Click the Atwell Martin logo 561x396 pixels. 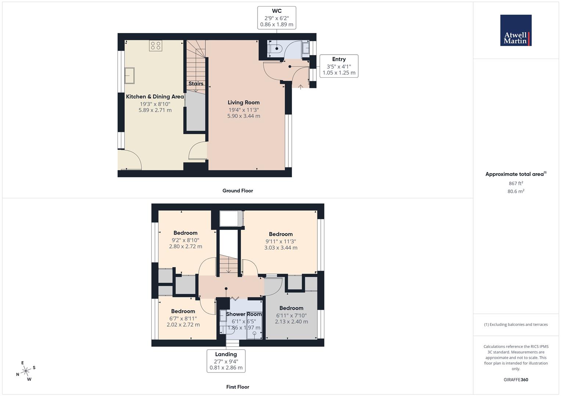coord(515,30)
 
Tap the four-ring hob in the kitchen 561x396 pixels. coord(155,45)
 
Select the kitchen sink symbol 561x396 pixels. coord(130,76)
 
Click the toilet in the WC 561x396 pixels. coord(275,48)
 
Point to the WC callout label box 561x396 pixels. coord(277,18)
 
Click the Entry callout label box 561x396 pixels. coord(339,66)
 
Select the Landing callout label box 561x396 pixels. coord(226,361)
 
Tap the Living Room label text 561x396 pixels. coord(244,103)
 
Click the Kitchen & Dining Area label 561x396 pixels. coord(155,97)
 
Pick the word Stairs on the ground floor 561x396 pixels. coord(196,84)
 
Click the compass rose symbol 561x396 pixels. coord(26,371)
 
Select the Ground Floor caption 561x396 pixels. coord(238,191)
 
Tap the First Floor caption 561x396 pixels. coord(238,387)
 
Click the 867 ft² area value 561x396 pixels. coord(516,183)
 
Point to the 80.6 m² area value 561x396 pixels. coord(516,191)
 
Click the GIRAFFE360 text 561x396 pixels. coord(516,380)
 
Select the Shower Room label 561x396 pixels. coord(244,314)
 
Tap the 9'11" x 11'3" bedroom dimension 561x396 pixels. coord(281,242)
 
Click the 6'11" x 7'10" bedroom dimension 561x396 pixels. coord(291,316)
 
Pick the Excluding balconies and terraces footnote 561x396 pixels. coord(516,324)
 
